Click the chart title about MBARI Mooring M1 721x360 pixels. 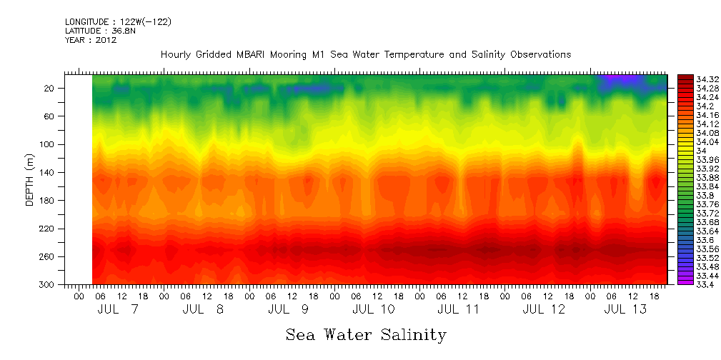coord(365,55)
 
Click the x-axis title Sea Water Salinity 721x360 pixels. coord(366,334)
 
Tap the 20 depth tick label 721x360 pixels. coord(50,89)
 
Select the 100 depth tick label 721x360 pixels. coord(48,144)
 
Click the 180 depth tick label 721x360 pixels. coord(48,201)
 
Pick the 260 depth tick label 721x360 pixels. coord(48,256)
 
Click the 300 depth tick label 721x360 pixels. coord(48,284)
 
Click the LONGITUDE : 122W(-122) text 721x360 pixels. coord(118,22)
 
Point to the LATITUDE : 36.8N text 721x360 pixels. coord(101,31)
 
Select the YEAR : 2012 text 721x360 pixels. coord(91,40)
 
